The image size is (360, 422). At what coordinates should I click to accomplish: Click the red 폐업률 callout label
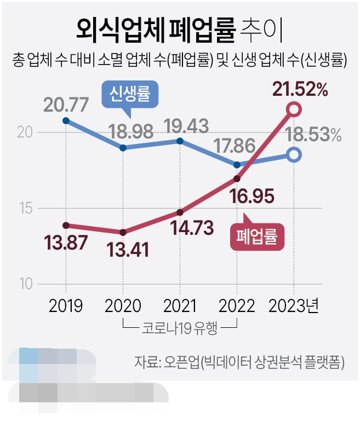[x=258, y=237]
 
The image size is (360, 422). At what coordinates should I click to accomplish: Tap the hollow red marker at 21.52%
[x=294, y=109]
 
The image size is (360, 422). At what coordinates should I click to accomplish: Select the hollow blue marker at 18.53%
[x=294, y=155]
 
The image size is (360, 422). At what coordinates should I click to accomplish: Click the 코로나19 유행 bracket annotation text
[x=180, y=329]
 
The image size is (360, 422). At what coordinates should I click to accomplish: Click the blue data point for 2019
[x=66, y=120]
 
